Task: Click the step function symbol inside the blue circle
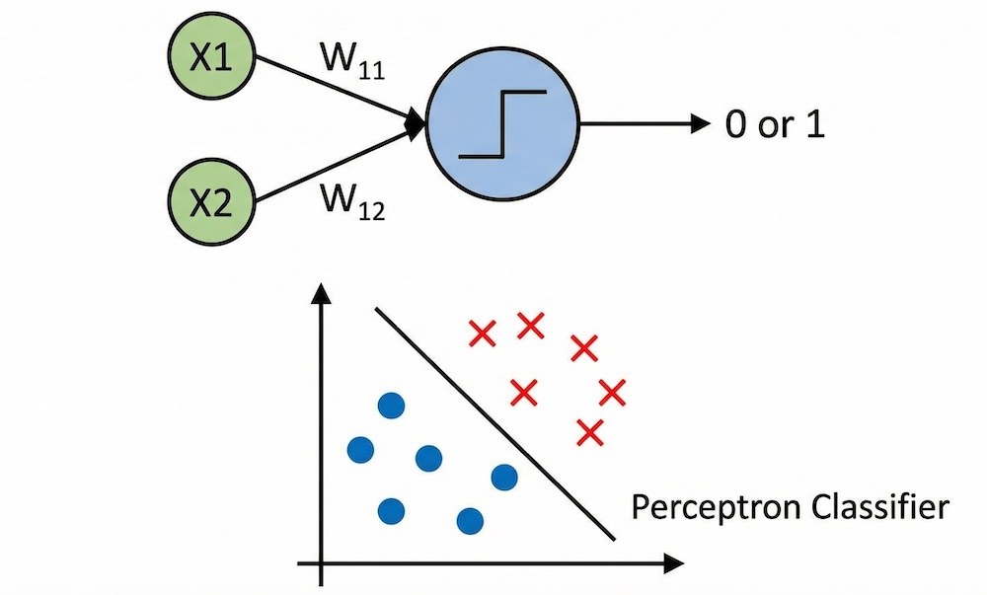(x=502, y=124)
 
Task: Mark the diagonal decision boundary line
(x=493, y=424)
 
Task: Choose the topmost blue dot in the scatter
(x=392, y=406)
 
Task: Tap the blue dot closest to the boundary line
(x=504, y=478)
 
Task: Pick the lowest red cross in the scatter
(x=589, y=432)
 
